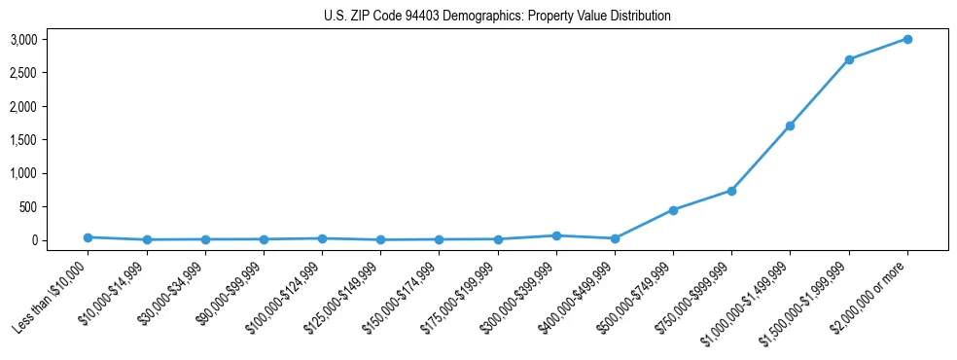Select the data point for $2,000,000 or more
coord(907,39)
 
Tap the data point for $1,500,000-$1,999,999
coord(849,59)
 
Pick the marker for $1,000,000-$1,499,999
coord(790,126)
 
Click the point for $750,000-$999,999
coord(731,191)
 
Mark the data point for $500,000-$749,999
coord(673,210)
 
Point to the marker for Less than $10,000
coord(88,237)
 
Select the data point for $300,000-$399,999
coord(556,235)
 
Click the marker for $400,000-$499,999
coord(615,238)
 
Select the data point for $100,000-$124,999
coord(322,238)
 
